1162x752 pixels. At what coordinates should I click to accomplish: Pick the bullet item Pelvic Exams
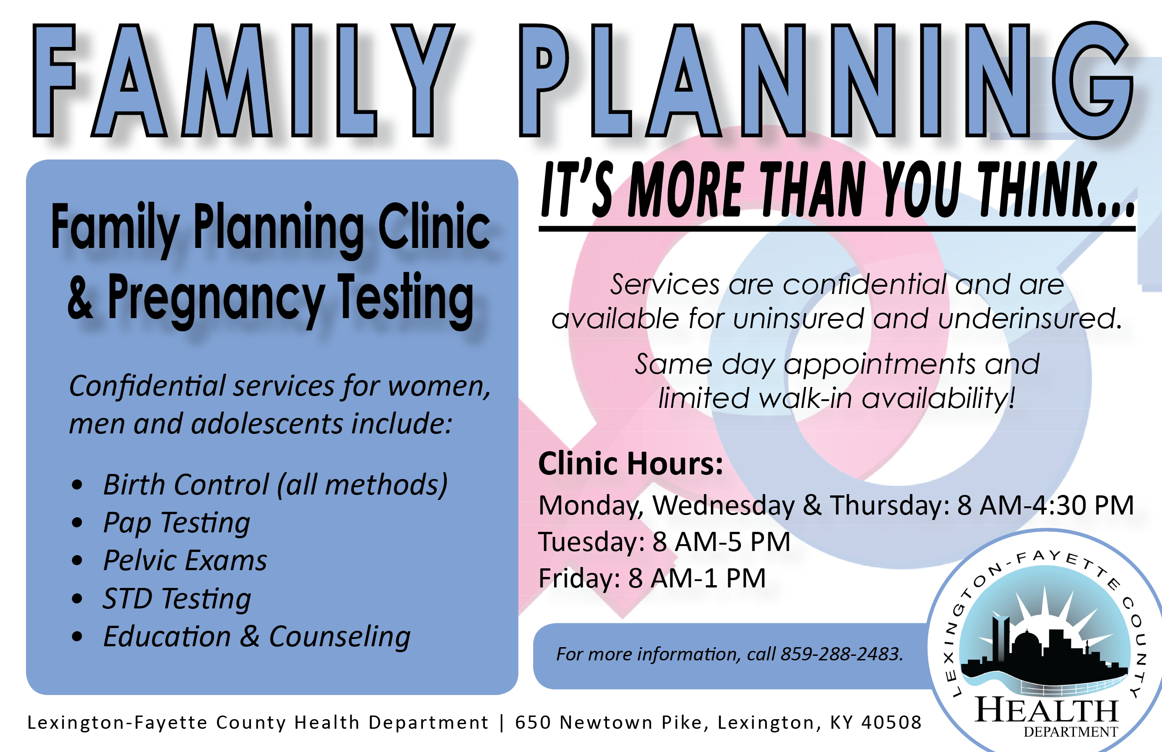(x=185, y=560)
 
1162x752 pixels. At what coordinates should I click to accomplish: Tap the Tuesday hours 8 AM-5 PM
(x=721, y=541)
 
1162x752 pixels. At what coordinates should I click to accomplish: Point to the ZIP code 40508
(x=891, y=722)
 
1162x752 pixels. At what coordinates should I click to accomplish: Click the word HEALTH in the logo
(x=1046, y=710)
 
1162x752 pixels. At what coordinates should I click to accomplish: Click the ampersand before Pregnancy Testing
(x=80, y=297)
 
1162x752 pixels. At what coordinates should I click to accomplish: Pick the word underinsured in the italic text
(x=1030, y=319)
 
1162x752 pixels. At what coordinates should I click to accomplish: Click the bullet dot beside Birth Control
(x=77, y=485)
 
